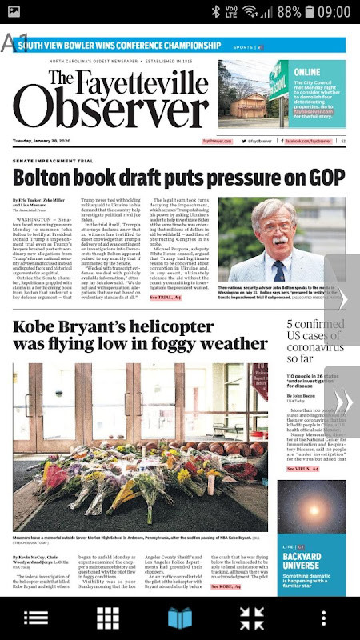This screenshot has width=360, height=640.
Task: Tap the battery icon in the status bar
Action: point(308,12)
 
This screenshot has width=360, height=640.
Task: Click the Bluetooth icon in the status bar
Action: point(216,12)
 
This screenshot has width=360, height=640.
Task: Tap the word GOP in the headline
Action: point(322,177)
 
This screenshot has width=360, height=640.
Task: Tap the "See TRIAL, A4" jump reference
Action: point(166,298)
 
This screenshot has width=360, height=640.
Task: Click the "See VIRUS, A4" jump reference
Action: point(303,469)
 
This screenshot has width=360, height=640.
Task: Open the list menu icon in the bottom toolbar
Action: point(36,618)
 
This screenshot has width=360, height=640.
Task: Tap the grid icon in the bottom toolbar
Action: point(108,618)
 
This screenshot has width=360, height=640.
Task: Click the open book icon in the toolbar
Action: point(180,618)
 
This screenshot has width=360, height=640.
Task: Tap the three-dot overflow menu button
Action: point(324,618)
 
